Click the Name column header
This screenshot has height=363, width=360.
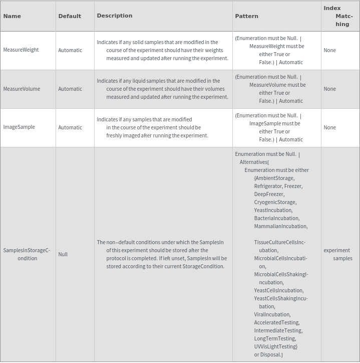[12, 16]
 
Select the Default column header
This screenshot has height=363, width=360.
[70, 16]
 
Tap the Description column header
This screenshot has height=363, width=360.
[115, 16]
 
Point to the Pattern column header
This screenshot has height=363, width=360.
[247, 16]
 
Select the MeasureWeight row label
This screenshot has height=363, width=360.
[21, 50]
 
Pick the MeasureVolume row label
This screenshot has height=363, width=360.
[22, 89]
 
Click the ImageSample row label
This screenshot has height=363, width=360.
[19, 127]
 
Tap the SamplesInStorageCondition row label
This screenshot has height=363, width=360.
[27, 254]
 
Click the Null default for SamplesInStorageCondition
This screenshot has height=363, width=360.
[63, 254]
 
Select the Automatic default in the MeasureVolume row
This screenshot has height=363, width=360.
[70, 89]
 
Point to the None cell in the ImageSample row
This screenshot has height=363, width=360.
[329, 127]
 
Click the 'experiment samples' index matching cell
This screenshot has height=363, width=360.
[338, 254]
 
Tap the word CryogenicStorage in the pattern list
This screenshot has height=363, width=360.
[275, 202]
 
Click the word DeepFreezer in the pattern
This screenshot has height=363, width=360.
[269, 194]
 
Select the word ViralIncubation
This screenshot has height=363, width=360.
[272, 314]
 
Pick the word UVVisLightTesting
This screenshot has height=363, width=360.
[275, 346]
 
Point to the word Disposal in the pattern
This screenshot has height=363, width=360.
[271, 354]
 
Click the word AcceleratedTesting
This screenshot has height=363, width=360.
[276, 322]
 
